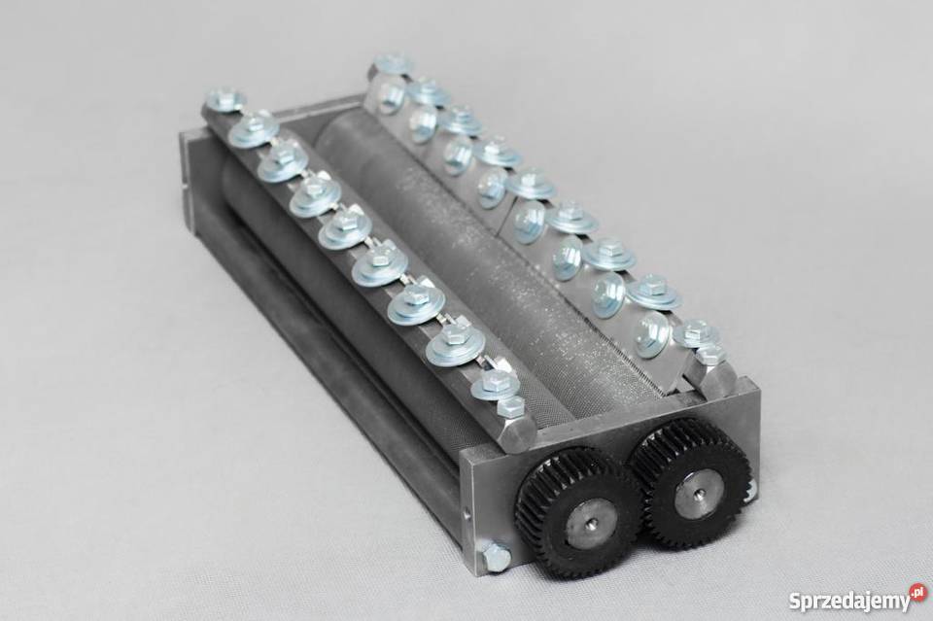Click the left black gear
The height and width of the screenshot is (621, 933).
(580, 522)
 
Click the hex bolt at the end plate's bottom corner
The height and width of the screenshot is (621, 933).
(496, 560)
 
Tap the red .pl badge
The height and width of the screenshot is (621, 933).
(918, 591)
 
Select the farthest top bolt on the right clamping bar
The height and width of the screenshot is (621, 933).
(394, 63)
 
